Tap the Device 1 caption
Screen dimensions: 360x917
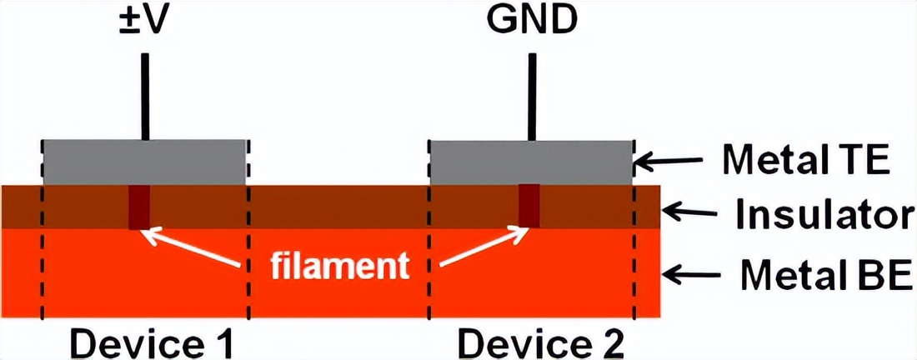pyautogui.click(x=149, y=342)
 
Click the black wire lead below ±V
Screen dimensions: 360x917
pyautogui.click(x=145, y=97)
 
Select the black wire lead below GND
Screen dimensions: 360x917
pyautogui.click(x=530, y=97)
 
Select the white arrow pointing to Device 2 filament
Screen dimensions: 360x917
pyautogui.click(x=484, y=247)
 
